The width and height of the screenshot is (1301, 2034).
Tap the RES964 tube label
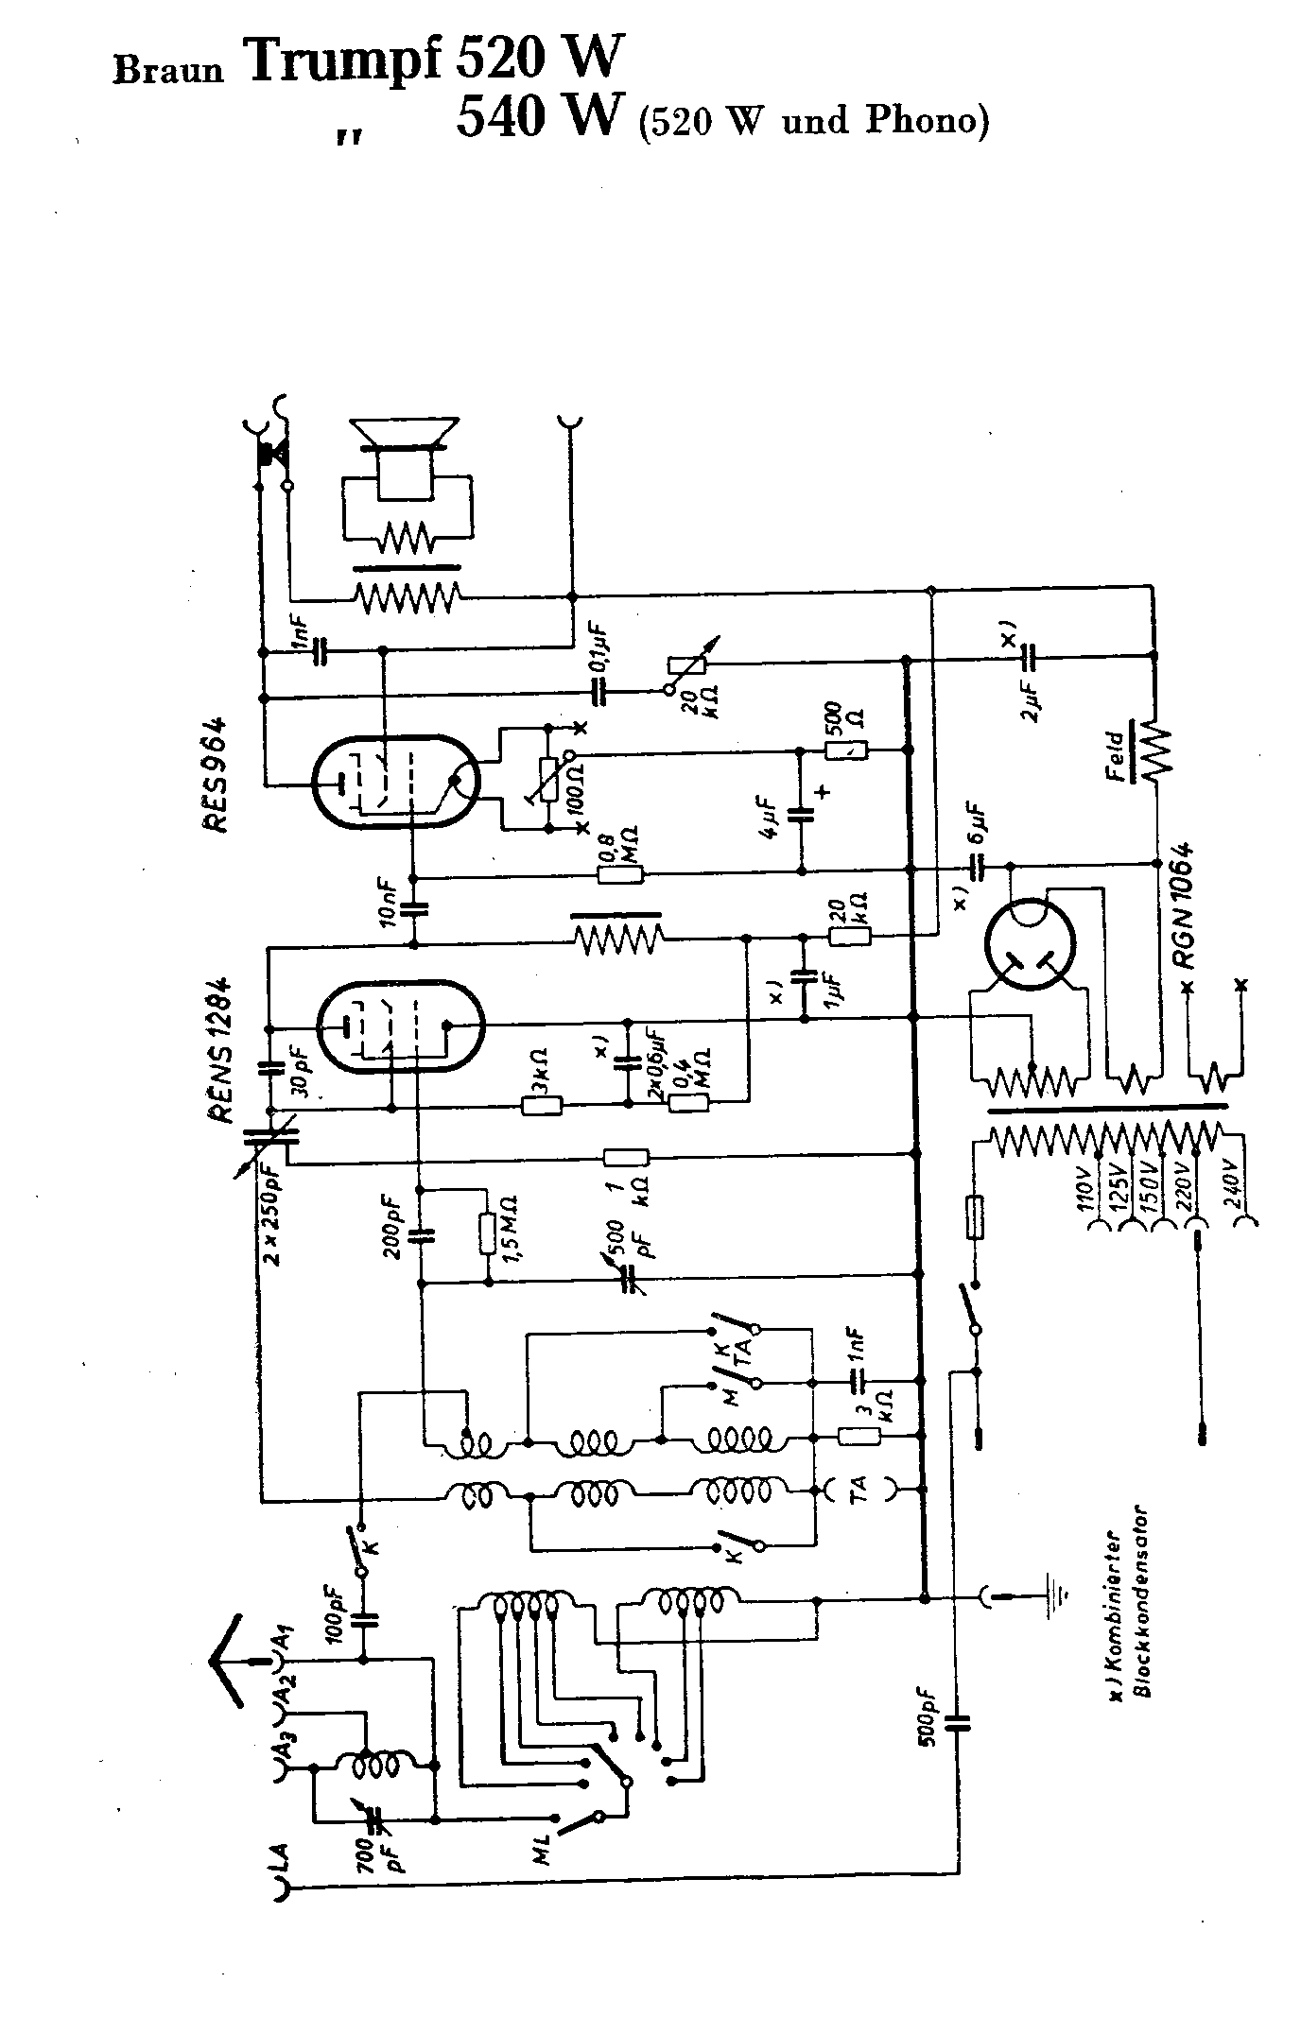[x=216, y=775]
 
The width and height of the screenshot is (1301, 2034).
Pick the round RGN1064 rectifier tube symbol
[x=1030, y=942]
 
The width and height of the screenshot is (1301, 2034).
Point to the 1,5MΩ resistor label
[x=512, y=1228]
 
